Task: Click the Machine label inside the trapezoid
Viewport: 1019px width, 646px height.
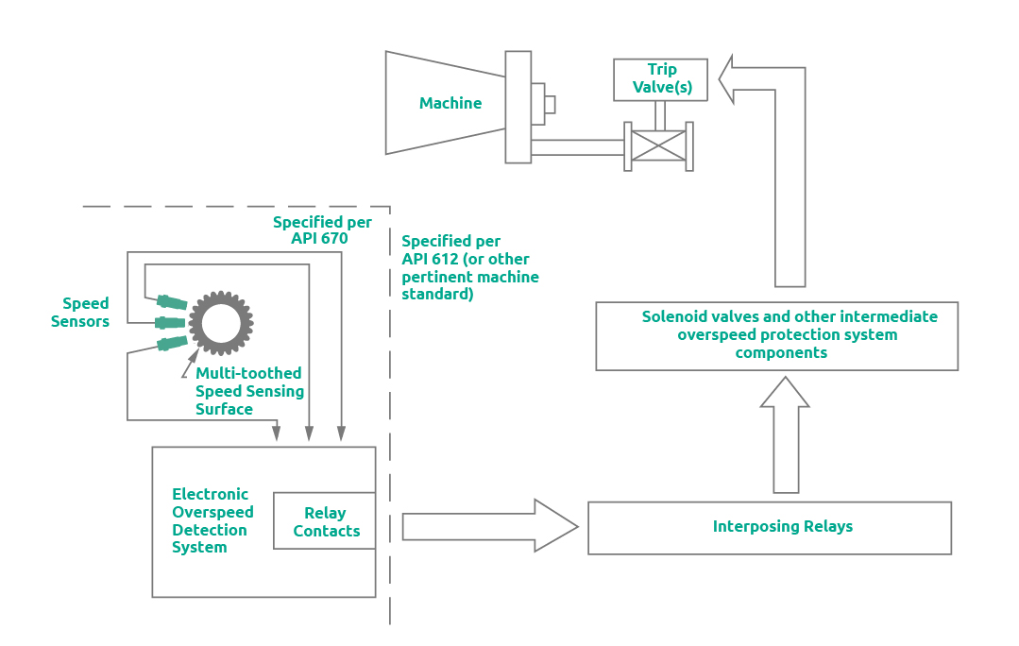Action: click(450, 103)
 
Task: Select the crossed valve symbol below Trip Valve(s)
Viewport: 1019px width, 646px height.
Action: click(658, 145)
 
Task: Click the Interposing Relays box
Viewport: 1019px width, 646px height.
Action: click(769, 527)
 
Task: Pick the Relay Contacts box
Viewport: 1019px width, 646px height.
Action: click(325, 521)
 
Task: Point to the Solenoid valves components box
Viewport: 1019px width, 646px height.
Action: click(777, 335)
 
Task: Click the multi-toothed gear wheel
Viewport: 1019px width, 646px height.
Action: click(221, 323)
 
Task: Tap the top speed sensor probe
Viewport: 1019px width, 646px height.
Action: click(171, 302)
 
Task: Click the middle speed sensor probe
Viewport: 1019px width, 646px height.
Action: click(170, 323)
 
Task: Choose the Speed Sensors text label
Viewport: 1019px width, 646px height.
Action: click(86, 313)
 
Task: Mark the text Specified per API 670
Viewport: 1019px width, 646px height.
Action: click(322, 230)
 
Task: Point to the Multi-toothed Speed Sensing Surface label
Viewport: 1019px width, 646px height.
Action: click(249, 391)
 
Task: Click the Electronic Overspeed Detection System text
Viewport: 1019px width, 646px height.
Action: click(212, 520)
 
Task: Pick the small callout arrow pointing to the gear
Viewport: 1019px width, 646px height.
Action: click(188, 365)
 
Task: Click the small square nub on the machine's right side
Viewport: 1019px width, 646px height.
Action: click(550, 104)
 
